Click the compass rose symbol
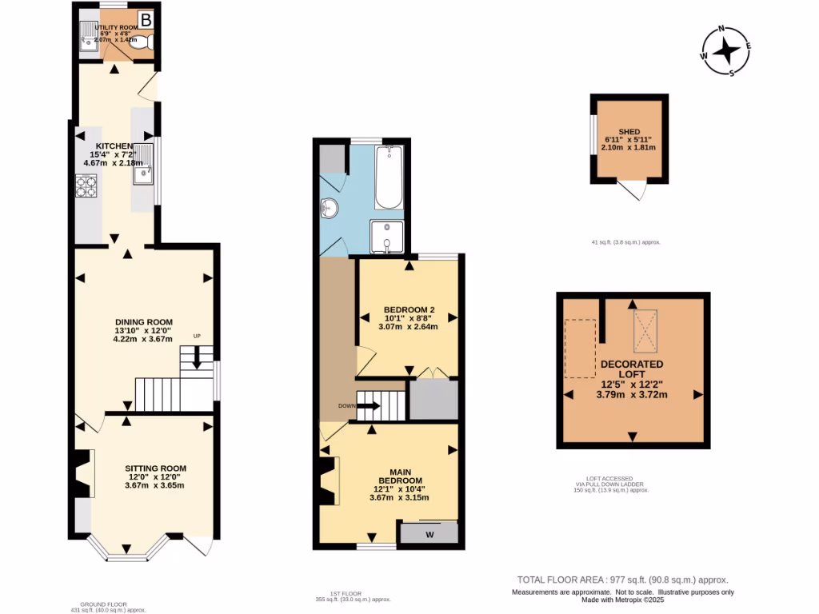pyautogui.click(x=726, y=51)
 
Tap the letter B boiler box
pyautogui.click(x=146, y=19)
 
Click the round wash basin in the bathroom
pyautogui.click(x=329, y=209)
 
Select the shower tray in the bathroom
pyautogui.click(x=386, y=237)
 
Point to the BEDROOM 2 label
pyautogui.click(x=409, y=310)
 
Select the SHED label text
pyautogui.click(x=629, y=132)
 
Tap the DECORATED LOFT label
pyautogui.click(x=632, y=369)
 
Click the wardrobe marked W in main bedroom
pyautogui.click(x=429, y=534)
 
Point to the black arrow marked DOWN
pyautogui.click(x=369, y=406)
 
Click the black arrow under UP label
pyautogui.click(x=196, y=361)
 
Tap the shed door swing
pyautogui.click(x=635, y=189)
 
